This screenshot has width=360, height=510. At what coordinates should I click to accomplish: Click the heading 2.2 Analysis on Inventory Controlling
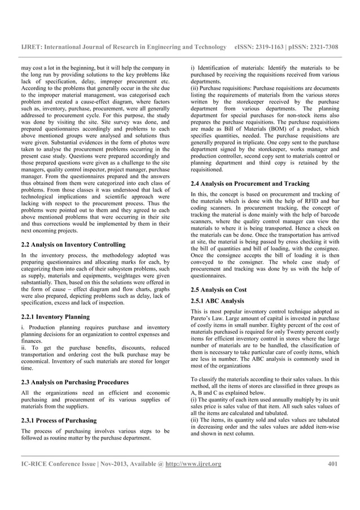pyautogui.click(x=73, y=245)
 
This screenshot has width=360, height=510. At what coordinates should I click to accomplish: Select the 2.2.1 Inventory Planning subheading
pyautogui.click(x=55, y=317)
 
